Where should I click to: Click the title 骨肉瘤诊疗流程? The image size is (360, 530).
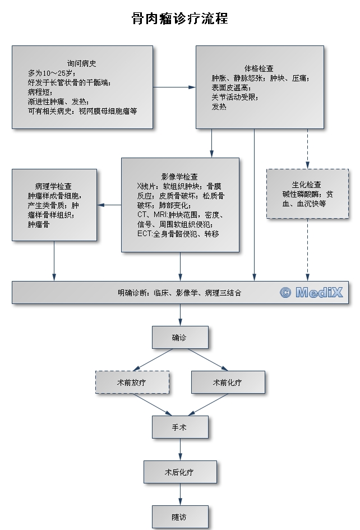point(179,19)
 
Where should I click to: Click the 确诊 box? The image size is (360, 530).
point(180,338)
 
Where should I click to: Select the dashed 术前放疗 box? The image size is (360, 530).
point(132,382)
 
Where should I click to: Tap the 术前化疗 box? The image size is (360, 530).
point(228,382)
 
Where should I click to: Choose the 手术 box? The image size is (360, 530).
point(180,427)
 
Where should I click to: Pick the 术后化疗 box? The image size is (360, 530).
point(180,472)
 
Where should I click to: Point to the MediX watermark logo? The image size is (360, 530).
point(311,292)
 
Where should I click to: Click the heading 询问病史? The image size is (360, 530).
point(82,64)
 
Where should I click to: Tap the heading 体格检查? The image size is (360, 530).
point(259,68)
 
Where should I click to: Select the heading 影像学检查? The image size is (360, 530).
point(179,176)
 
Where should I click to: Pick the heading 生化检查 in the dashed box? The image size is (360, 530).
point(307,185)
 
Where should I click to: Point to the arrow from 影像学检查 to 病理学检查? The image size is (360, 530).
point(109,205)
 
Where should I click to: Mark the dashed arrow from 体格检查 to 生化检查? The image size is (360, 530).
point(307,149)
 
